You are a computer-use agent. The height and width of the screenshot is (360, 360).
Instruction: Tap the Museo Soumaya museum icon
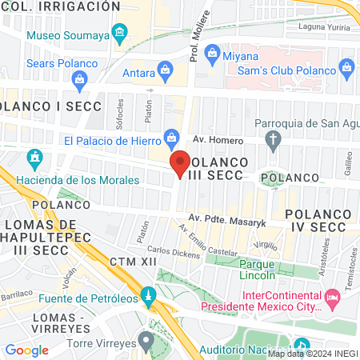click(120, 34)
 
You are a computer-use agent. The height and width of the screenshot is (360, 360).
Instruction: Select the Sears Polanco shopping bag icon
click(79, 78)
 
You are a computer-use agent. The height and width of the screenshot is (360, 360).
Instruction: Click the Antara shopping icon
click(164, 71)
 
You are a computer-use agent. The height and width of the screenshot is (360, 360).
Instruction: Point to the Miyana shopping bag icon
click(213, 54)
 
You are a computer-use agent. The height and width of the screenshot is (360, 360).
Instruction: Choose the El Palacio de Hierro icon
click(171, 138)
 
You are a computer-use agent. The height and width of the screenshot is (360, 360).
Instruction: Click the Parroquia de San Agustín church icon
click(274, 142)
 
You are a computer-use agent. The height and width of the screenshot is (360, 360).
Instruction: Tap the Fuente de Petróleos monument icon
click(147, 296)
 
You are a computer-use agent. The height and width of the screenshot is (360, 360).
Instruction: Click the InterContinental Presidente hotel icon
click(333, 299)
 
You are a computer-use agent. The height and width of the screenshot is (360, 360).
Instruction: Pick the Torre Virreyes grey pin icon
click(145, 342)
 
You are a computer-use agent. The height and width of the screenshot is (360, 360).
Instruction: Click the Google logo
click(26, 350)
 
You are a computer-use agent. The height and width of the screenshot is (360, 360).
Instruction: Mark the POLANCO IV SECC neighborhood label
click(315, 221)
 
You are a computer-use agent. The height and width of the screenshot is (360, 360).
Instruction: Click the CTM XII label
click(129, 262)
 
